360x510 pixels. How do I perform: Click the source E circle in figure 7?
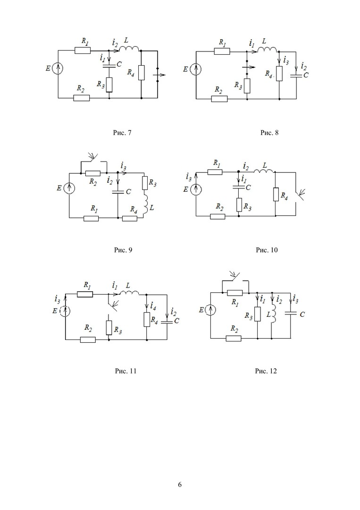click(58, 69)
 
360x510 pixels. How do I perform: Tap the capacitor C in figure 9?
click(117, 192)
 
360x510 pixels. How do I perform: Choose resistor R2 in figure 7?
click(81, 98)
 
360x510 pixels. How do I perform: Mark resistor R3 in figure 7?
click(109, 85)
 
